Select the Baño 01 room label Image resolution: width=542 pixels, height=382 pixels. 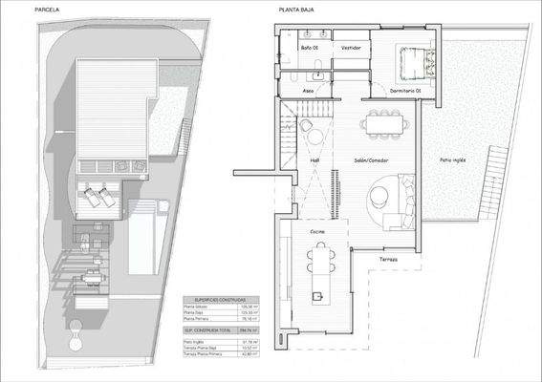coord(310,46)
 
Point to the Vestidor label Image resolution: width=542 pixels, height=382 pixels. coord(350,46)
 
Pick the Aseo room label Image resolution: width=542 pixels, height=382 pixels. coord(308,91)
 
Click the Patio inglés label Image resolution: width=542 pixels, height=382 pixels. coord(452,159)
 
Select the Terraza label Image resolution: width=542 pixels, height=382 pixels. coord(387,260)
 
